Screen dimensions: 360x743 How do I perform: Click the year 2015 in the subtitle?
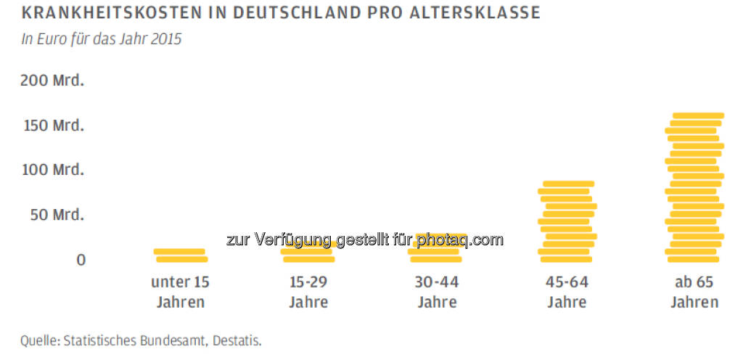pyautogui.click(x=165, y=39)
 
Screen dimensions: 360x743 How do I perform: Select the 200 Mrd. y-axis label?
pyautogui.click(x=52, y=81)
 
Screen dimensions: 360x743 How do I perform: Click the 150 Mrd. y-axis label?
pyautogui.click(x=52, y=126)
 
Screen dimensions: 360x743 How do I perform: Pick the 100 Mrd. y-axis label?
pyautogui.click(x=52, y=170)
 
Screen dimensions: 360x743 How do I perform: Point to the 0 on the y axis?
pyautogui.click(x=81, y=259)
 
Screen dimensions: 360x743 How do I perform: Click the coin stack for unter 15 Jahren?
pyautogui.click(x=181, y=255)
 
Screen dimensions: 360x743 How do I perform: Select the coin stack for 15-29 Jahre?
pyautogui.click(x=308, y=250)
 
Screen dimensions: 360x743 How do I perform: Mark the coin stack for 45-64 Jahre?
pyautogui.click(x=567, y=221)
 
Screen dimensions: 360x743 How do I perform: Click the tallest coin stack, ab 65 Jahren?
pyautogui.click(x=694, y=187)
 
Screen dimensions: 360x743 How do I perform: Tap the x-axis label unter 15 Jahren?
pyautogui.click(x=180, y=292)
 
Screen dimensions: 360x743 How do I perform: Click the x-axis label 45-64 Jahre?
pyautogui.click(x=567, y=292)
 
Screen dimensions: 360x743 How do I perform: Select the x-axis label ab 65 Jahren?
pyautogui.click(x=694, y=292)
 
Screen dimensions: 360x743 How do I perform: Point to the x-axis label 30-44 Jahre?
pyautogui.click(x=437, y=292)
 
